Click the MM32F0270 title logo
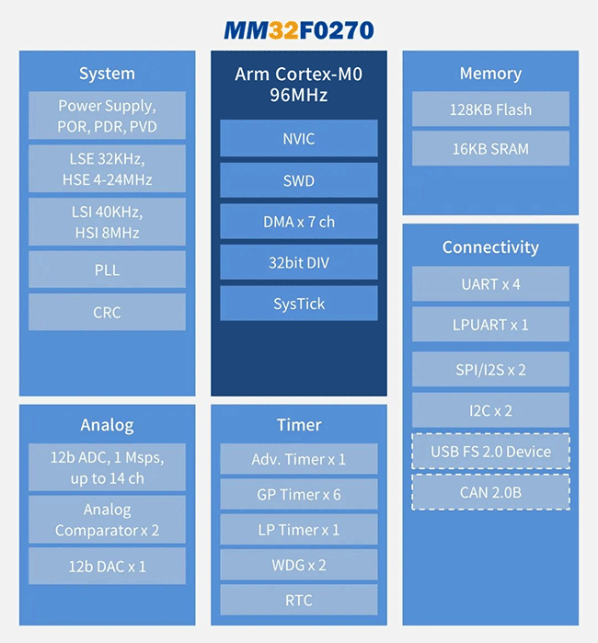(299, 30)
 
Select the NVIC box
(299, 138)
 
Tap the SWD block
(299, 180)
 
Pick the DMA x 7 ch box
(299, 222)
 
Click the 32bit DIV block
(299, 262)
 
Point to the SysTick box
(299, 304)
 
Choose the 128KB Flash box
(490, 109)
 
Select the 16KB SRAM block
(490, 148)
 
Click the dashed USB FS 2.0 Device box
(490, 451)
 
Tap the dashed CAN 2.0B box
(490, 492)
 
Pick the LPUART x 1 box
(490, 325)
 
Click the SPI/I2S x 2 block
(490, 369)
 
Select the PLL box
(107, 270)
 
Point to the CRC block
(107, 312)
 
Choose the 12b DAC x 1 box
(107, 566)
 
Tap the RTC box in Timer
(299, 600)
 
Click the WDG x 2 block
(299, 565)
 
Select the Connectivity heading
(490, 247)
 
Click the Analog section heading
(107, 425)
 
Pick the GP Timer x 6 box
(299, 494)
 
